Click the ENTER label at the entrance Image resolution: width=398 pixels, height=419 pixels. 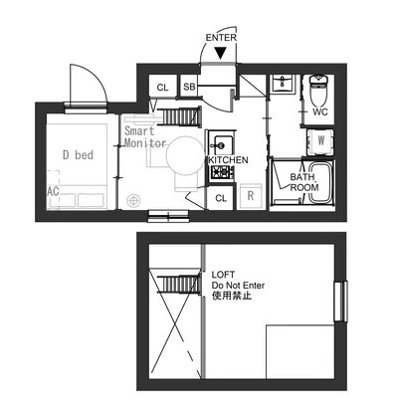[221, 38]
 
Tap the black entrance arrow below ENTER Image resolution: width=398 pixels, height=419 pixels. [220, 53]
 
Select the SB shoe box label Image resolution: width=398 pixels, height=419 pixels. [189, 87]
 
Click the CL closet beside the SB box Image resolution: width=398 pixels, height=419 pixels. [162, 87]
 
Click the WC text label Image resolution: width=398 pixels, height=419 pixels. [320, 111]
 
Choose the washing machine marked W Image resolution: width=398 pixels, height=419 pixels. [320, 142]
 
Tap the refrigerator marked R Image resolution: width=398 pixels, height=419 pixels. [251, 196]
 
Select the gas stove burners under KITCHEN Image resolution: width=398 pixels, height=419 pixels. [221, 172]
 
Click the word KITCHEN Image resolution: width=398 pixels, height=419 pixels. [228, 160]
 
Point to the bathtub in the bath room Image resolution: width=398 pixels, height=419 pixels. [320, 182]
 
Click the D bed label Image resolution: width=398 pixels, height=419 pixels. [78, 155]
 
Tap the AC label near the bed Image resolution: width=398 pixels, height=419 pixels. [53, 191]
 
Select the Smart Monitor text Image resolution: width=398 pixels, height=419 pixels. [145, 137]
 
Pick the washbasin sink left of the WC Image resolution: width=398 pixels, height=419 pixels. [283, 84]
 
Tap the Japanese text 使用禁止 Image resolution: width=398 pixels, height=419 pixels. [232, 296]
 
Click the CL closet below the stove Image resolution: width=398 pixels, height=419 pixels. [221, 198]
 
